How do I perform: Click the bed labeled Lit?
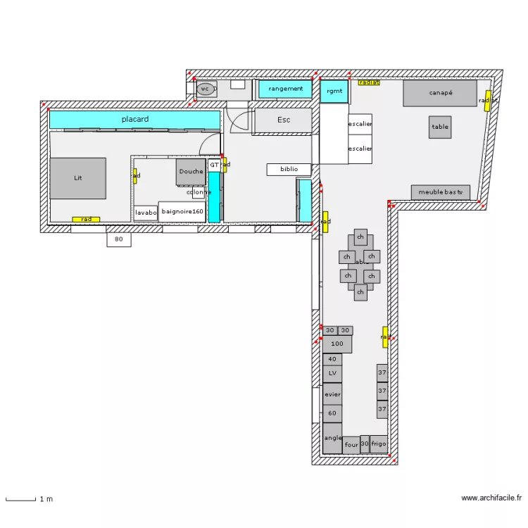(x=77, y=178)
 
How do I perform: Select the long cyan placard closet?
(x=134, y=120)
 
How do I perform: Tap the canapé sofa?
(x=440, y=93)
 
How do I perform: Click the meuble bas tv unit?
(x=441, y=192)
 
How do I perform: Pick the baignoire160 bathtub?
(x=182, y=211)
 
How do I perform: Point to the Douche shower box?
(x=190, y=172)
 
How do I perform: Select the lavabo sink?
(x=146, y=213)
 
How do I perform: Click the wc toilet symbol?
(x=205, y=89)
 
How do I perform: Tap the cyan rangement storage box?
(x=285, y=89)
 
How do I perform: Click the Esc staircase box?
(x=283, y=120)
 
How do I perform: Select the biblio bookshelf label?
(x=289, y=170)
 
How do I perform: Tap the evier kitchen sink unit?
(x=332, y=395)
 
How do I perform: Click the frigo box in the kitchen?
(x=379, y=444)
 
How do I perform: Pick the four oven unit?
(x=351, y=445)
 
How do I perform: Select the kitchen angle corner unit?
(x=332, y=438)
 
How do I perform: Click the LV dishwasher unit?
(x=332, y=374)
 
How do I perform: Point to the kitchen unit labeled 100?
(x=337, y=344)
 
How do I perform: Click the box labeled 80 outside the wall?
(x=119, y=240)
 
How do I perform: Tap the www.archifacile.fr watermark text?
(x=491, y=498)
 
